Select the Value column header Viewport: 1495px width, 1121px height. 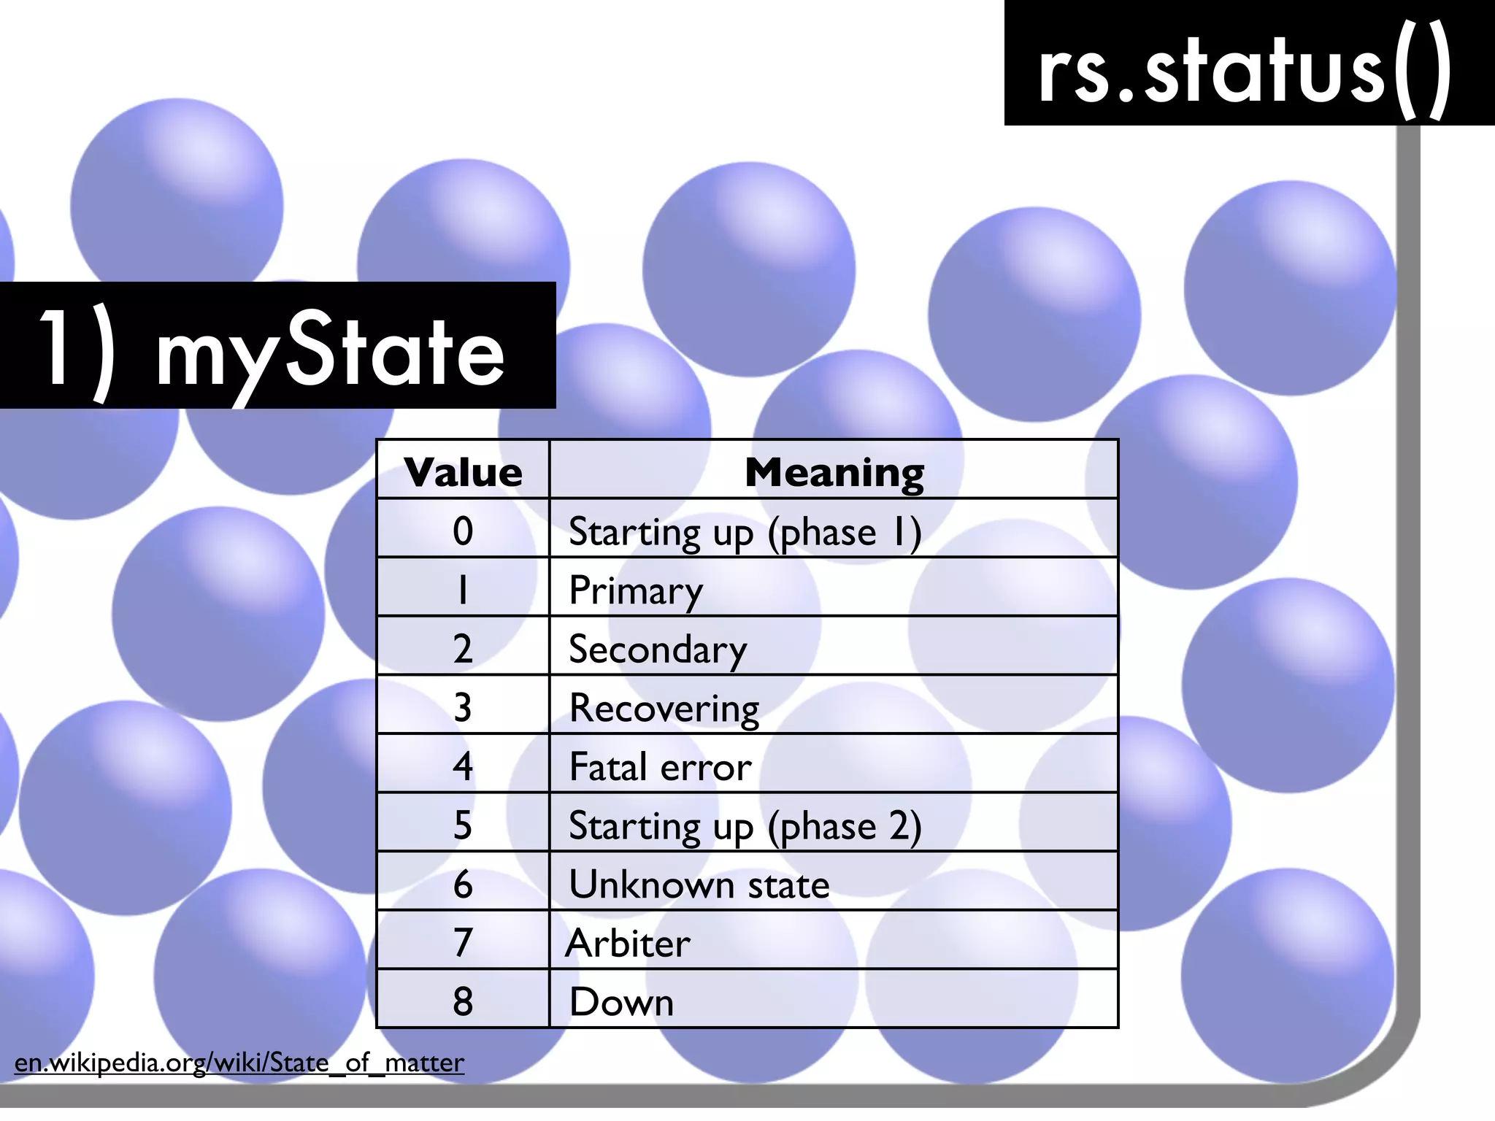(463, 472)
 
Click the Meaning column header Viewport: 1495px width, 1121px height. (834, 472)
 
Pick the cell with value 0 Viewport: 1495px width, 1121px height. (463, 531)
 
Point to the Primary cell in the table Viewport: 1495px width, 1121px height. (636, 591)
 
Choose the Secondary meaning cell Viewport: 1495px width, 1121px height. (658, 650)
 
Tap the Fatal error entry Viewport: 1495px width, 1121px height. (660, 767)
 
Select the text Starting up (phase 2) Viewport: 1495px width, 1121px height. (745, 826)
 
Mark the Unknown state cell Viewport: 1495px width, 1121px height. (699, 885)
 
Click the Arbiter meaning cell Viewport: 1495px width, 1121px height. (628, 943)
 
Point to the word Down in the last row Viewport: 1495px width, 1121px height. (621, 1002)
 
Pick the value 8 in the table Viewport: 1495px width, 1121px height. (463, 1002)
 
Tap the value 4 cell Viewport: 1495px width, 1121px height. (463, 767)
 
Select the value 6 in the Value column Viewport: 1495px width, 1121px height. (463, 885)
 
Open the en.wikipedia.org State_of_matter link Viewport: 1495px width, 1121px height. (239, 1063)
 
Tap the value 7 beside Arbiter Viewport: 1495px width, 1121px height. (463, 943)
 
